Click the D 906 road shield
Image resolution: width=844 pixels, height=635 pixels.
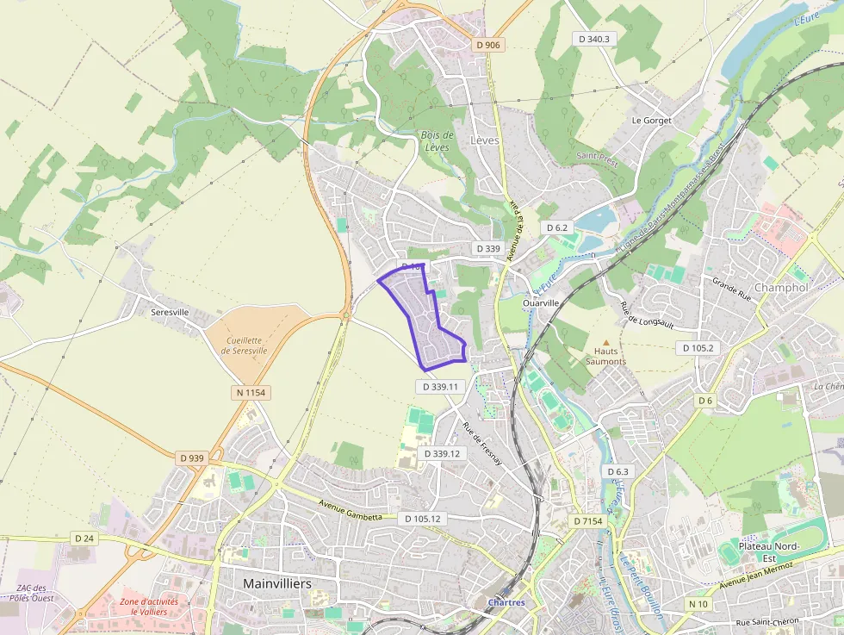pos(487,45)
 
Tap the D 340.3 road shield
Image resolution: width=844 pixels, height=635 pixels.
pos(594,39)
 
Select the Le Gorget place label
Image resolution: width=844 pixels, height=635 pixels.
pos(651,121)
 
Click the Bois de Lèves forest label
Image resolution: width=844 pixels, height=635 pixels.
pos(438,141)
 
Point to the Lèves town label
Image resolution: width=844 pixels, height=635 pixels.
pos(485,140)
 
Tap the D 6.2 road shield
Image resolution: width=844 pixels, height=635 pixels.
pos(558,227)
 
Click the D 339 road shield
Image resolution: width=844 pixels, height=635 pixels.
pos(488,248)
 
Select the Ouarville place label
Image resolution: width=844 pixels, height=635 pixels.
pos(541,303)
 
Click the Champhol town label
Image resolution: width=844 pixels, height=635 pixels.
pos(781,287)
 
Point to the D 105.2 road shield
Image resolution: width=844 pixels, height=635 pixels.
pos(698,348)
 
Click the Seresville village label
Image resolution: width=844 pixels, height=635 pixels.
pos(169,312)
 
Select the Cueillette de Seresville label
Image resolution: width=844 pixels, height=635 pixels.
pos(244,345)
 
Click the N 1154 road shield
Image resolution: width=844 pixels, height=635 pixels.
pos(251,393)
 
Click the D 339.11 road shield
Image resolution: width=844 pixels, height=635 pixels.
pos(444,387)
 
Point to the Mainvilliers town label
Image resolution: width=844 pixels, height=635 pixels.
pos(277,583)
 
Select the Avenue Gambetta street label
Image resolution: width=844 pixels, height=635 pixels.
pos(350,513)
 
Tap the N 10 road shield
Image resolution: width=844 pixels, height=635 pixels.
pos(698,604)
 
